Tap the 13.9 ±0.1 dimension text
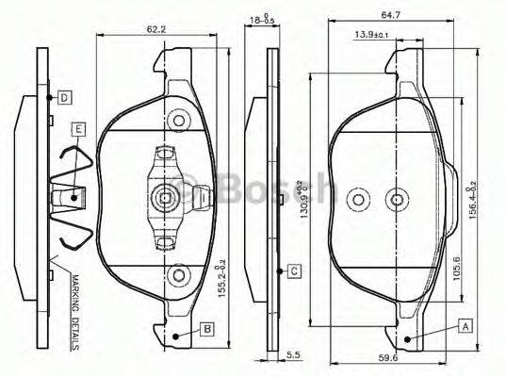[x=374, y=35]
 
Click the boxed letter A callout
[x=465, y=325]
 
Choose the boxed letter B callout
[x=206, y=328]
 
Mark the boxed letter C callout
[x=294, y=271]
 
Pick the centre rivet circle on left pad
[x=167, y=198]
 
